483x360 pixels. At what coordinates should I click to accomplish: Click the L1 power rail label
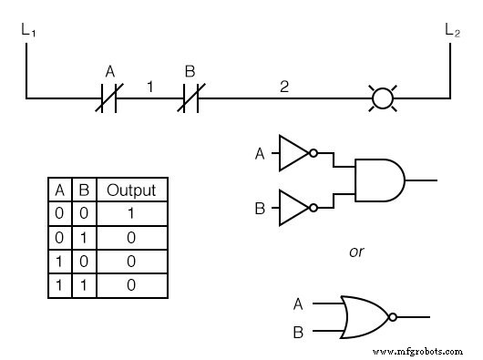pyautogui.click(x=26, y=30)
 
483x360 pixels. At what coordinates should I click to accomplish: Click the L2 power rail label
pyautogui.click(x=452, y=30)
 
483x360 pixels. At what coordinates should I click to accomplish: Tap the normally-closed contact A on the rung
pyautogui.click(x=108, y=97)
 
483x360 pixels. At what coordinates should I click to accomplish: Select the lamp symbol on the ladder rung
pyautogui.click(x=383, y=97)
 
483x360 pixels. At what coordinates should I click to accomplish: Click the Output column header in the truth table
pyautogui.click(x=131, y=190)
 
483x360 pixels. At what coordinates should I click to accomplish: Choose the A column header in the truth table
pyautogui.click(x=60, y=190)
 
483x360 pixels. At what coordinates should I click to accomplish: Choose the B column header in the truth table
pyautogui.click(x=83, y=190)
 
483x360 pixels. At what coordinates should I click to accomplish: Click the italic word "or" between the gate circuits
pyautogui.click(x=356, y=252)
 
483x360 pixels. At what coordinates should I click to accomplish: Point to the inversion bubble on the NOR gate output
pyautogui.click(x=392, y=317)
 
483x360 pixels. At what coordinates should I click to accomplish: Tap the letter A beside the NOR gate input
pyautogui.click(x=298, y=304)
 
